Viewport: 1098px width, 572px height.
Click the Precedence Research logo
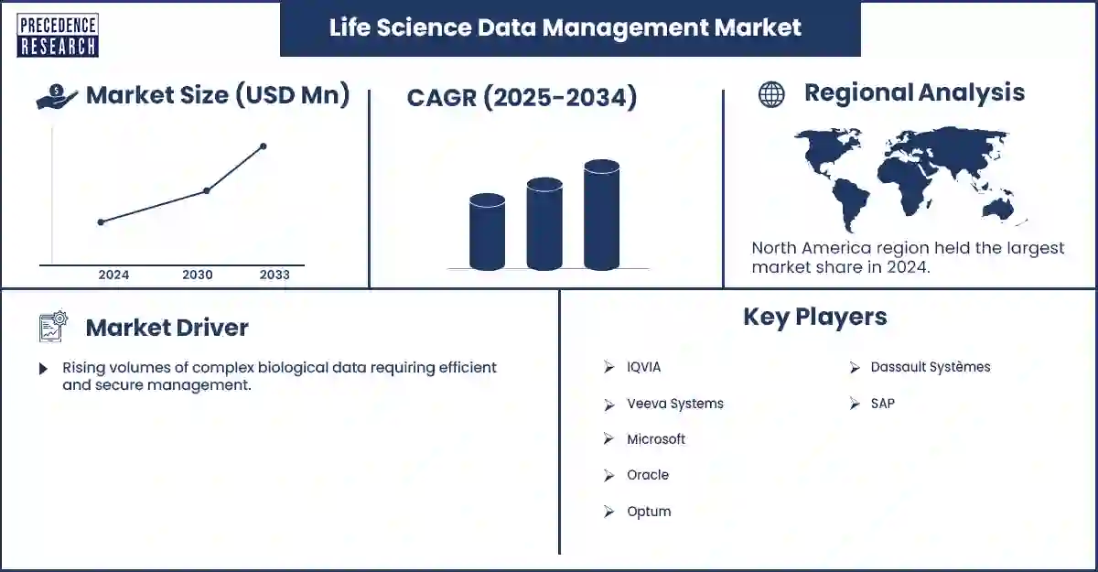pyautogui.click(x=58, y=36)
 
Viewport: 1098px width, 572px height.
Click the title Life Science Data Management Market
pyautogui.click(x=565, y=27)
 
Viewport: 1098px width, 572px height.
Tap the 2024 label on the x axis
pyautogui.click(x=113, y=275)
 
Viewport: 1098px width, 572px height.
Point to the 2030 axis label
pyautogui.click(x=198, y=275)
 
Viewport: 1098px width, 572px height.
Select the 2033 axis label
pyautogui.click(x=274, y=275)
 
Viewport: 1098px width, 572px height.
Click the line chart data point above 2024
pyautogui.click(x=101, y=221)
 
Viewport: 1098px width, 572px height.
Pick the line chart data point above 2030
pyautogui.click(x=207, y=190)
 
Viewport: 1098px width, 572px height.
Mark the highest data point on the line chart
pyautogui.click(x=264, y=146)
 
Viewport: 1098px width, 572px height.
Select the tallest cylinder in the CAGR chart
pyautogui.click(x=601, y=215)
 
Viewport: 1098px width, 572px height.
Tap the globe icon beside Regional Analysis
pyautogui.click(x=771, y=94)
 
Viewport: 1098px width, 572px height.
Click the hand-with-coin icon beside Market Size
pyautogui.click(x=57, y=96)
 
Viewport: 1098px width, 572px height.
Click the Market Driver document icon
pyautogui.click(x=53, y=327)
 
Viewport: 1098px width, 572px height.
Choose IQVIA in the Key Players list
pyautogui.click(x=643, y=367)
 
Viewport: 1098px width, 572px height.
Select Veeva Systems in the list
pyautogui.click(x=674, y=404)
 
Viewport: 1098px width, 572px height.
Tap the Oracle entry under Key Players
pyautogui.click(x=647, y=475)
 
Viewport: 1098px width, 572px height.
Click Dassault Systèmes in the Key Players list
pyautogui.click(x=930, y=367)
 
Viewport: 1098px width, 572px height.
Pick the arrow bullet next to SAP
pyautogui.click(x=854, y=404)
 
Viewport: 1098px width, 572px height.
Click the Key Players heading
pyautogui.click(x=814, y=317)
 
